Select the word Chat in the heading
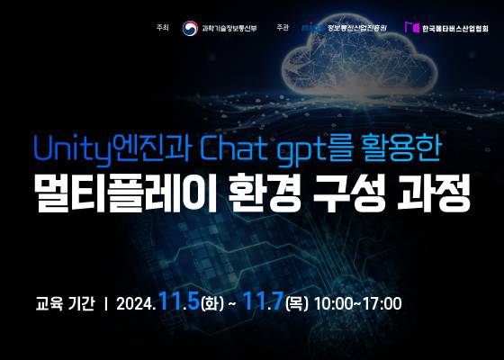pyautogui.click(x=233, y=144)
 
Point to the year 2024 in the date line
pyautogui.click(x=137, y=302)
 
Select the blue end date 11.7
pyautogui.click(x=265, y=300)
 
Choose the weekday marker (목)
pyautogui.click(x=297, y=302)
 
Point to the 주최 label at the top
pyautogui.click(x=162, y=27)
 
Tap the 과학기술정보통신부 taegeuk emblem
pyautogui.click(x=190, y=27)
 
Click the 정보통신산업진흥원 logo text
pyautogui.click(x=355, y=27)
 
